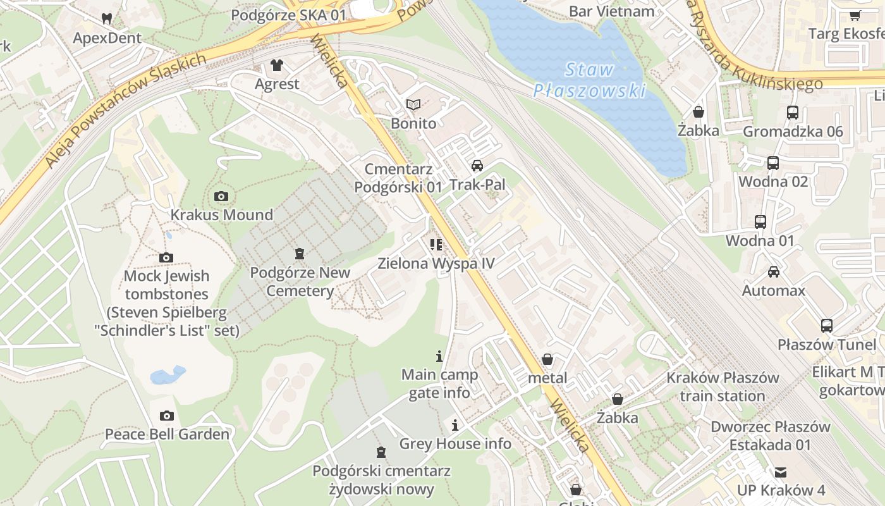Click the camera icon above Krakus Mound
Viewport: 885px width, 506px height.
click(221, 196)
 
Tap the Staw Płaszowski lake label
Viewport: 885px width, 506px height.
click(589, 80)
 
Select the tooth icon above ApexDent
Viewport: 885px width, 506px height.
click(107, 19)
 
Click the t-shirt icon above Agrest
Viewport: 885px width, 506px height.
click(277, 65)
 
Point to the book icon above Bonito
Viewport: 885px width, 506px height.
click(413, 104)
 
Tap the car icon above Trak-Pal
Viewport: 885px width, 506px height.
click(477, 166)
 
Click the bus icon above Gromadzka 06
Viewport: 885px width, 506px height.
click(793, 113)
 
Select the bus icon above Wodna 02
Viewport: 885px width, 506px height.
click(773, 163)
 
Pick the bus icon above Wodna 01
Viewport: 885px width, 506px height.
click(760, 222)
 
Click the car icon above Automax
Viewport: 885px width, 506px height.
click(774, 272)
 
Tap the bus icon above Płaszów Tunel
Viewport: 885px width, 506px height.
click(827, 326)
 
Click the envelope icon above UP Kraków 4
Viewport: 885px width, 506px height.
click(781, 472)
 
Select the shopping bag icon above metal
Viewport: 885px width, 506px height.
click(547, 359)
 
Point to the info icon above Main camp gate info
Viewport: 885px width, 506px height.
click(439, 356)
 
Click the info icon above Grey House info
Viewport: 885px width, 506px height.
click(455, 424)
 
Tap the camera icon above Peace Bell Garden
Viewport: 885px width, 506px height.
click(167, 416)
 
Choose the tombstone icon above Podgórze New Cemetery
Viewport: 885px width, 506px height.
click(300, 254)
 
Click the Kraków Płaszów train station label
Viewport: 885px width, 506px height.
click(723, 386)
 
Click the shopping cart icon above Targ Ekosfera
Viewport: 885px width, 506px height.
click(855, 15)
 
